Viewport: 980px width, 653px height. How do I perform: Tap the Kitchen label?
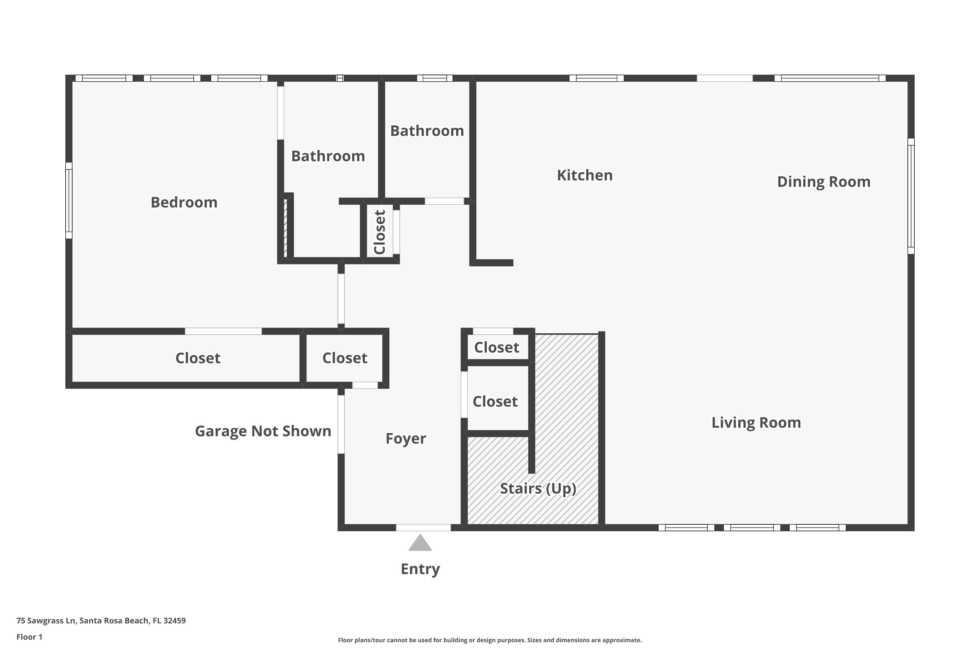point(585,175)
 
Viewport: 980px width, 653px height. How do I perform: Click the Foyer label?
point(405,438)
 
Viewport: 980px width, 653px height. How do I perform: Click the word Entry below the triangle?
point(420,569)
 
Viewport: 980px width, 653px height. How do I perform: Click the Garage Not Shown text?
point(263,431)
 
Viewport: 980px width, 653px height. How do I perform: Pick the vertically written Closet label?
point(380,232)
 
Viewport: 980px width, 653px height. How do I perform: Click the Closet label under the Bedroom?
point(198,358)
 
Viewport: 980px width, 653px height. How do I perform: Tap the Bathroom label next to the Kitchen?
point(427,131)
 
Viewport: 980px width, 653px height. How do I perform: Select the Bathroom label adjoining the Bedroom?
point(328,156)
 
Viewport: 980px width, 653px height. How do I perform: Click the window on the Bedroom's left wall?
point(69,200)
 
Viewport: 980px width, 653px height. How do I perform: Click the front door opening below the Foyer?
point(423,528)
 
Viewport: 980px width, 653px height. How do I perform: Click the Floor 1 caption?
point(29,637)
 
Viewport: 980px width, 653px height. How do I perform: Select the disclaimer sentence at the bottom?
point(490,640)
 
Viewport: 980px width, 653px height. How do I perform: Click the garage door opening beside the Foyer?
point(341,424)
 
